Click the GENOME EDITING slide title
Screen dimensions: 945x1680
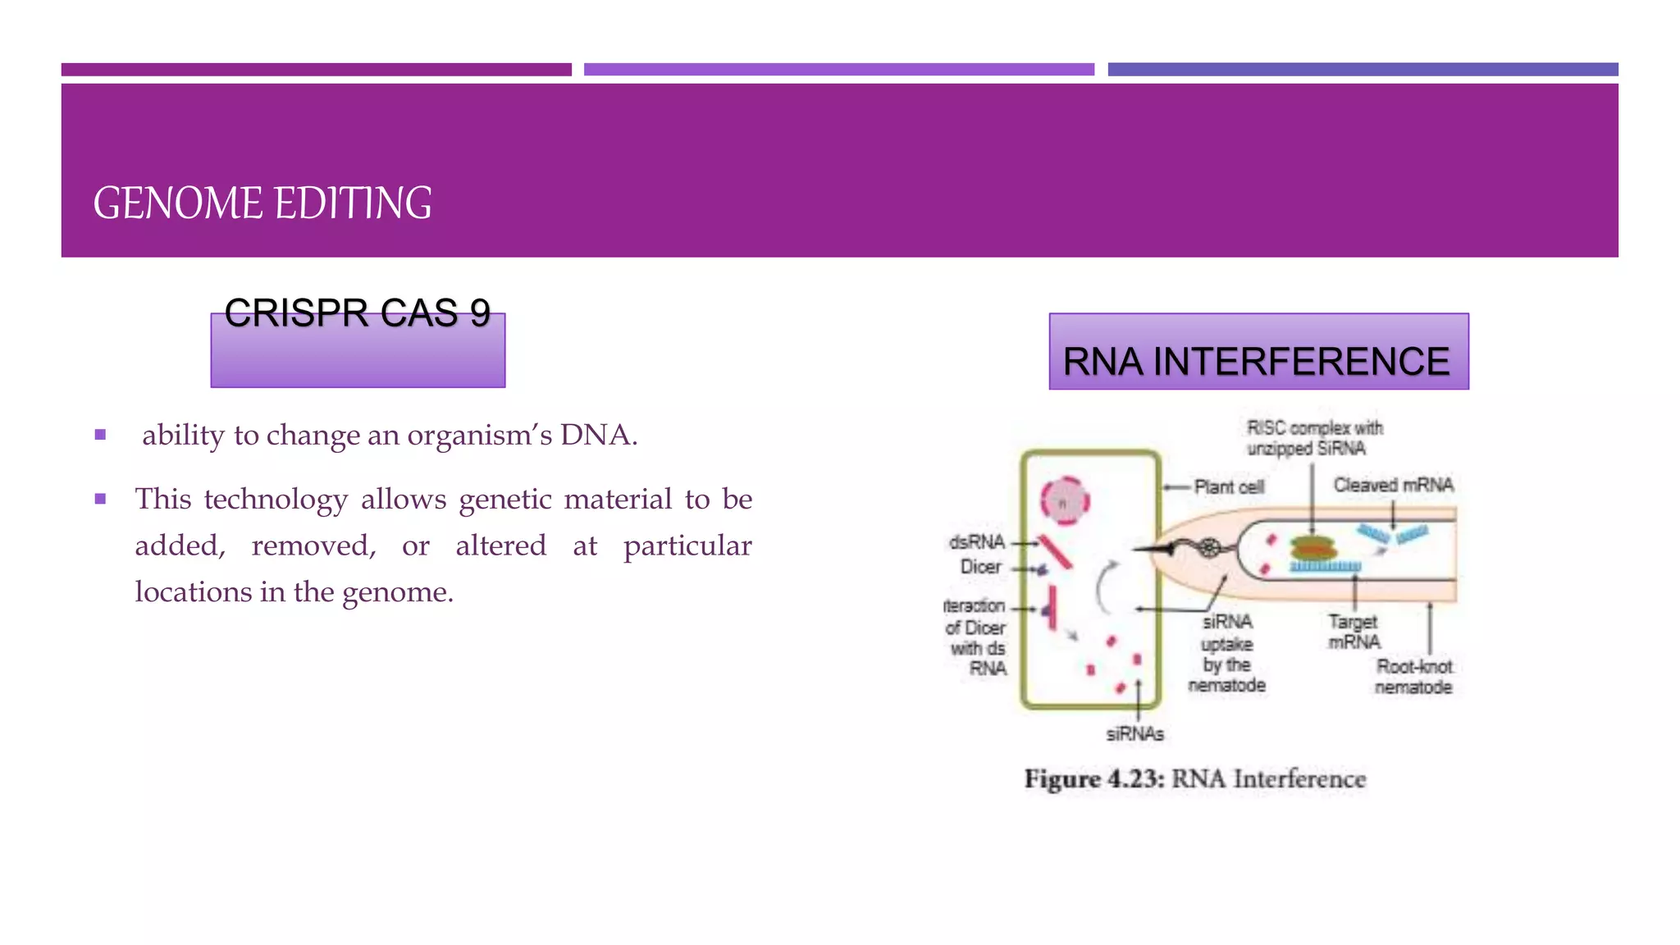point(262,203)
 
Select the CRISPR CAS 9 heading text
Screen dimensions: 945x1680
point(357,313)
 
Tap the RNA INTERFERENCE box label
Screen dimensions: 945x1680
point(1256,362)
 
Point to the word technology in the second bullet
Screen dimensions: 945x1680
point(276,499)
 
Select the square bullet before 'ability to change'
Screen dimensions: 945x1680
point(100,435)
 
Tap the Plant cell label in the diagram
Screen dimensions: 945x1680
point(1228,487)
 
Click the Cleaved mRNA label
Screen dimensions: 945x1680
point(1393,485)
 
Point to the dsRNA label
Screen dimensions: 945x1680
point(976,542)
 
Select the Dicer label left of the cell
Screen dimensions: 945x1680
point(980,567)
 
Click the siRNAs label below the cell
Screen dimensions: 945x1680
point(1134,734)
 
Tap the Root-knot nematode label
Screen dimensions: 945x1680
point(1413,677)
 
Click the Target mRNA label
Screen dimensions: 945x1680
point(1354,632)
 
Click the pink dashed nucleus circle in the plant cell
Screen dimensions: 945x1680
point(1065,501)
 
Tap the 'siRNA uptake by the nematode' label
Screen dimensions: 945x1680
point(1226,653)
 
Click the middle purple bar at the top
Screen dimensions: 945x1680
point(838,70)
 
